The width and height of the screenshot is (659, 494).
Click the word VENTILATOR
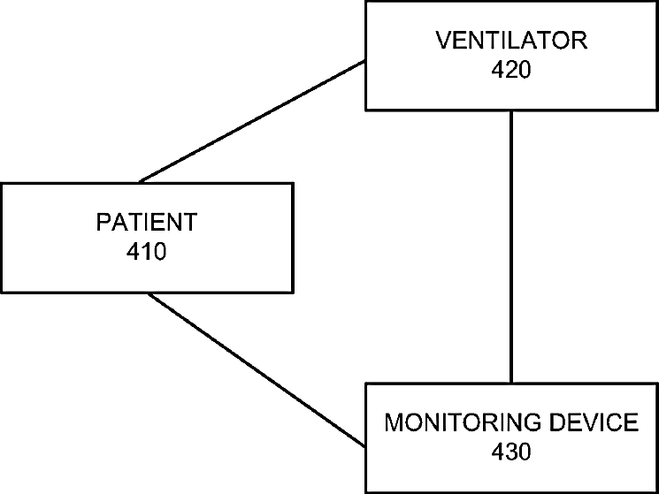(511, 41)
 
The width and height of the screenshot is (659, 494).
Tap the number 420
(511, 70)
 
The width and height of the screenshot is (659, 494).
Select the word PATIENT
(147, 222)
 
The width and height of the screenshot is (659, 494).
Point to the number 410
(147, 251)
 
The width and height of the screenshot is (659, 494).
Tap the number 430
(511, 452)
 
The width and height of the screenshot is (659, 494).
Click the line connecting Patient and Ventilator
(252, 122)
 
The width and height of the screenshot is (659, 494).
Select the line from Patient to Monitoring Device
(257, 369)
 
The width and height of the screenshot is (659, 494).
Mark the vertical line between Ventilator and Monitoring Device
(511, 247)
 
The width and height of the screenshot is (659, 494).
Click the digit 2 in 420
(511, 70)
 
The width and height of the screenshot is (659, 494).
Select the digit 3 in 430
(511, 452)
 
